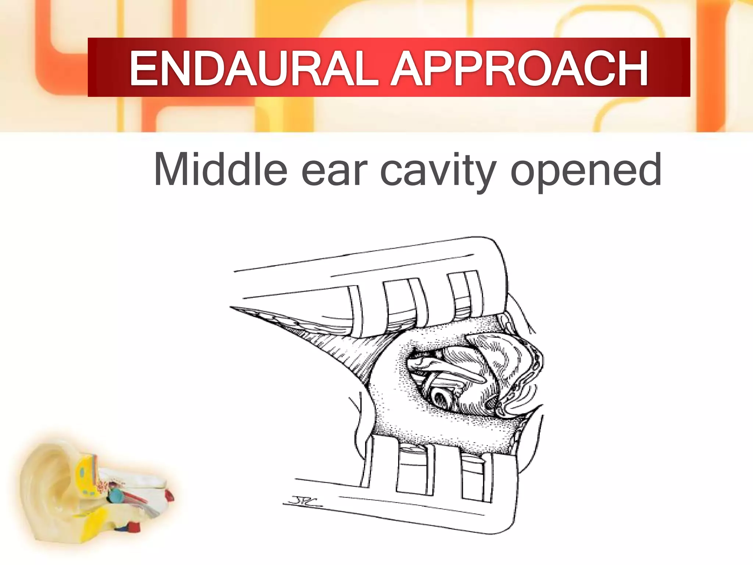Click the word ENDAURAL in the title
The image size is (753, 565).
pyautogui.click(x=254, y=68)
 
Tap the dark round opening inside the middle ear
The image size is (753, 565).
pyautogui.click(x=440, y=398)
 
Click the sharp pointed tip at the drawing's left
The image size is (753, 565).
pyautogui.click(x=232, y=307)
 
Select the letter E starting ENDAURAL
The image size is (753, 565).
pyautogui.click(x=144, y=68)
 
